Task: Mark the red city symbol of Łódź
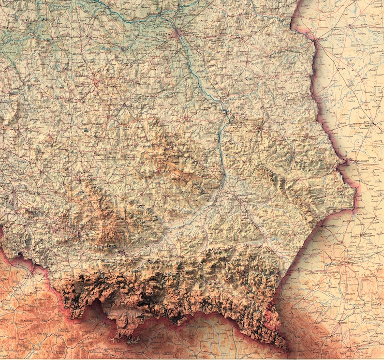[x=96, y=83]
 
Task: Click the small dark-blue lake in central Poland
[x=85, y=130]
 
